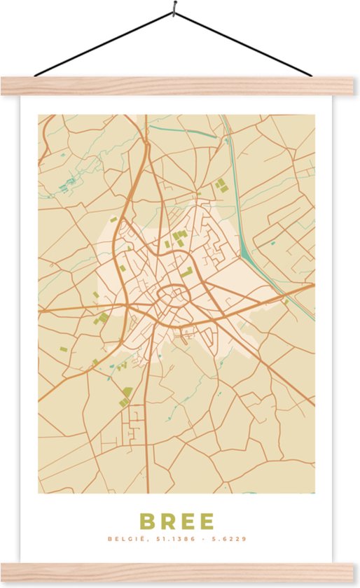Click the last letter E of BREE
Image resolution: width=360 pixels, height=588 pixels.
(207, 521)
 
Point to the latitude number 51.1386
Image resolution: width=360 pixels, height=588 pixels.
(169, 540)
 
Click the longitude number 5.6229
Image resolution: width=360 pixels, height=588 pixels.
(231, 540)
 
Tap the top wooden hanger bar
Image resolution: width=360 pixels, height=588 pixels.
(180, 85)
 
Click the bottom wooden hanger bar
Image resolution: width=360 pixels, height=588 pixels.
(180, 572)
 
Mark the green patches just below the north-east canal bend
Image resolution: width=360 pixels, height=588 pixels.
(221, 185)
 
